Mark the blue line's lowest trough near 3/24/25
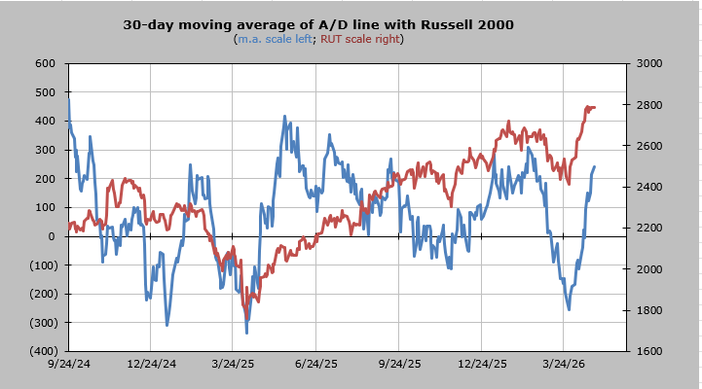[246, 333]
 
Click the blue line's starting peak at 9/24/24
[68, 99]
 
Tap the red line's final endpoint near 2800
[594, 107]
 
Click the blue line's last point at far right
[594, 167]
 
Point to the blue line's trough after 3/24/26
[569, 309]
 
